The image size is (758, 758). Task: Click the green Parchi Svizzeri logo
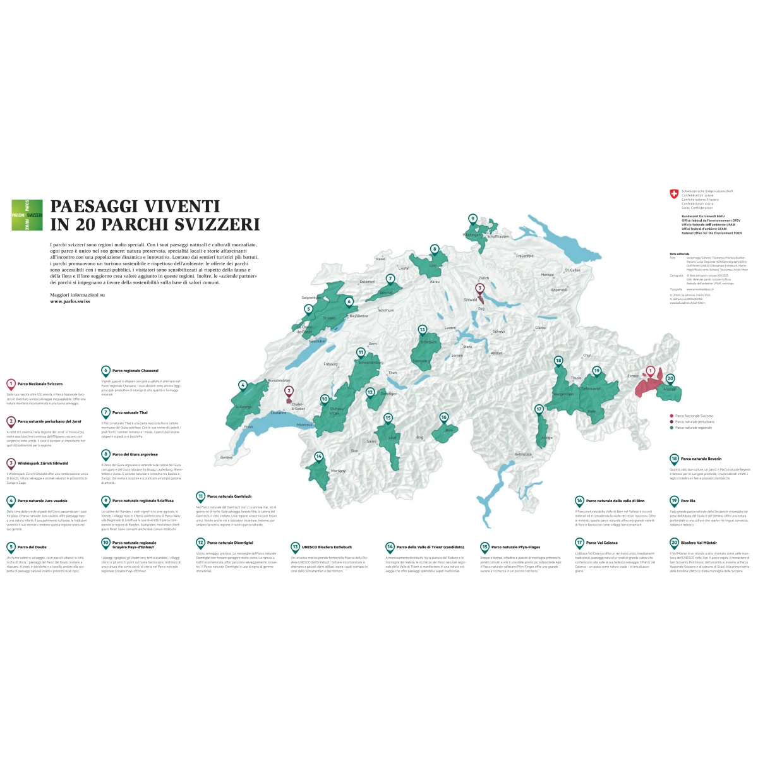27,215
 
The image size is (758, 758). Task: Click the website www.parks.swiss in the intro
70,302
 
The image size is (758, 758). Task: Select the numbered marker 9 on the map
472,219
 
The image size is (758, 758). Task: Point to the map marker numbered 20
670,379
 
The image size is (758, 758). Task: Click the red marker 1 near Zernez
650,371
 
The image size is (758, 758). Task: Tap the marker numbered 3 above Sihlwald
479,289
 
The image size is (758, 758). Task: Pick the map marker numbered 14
319,456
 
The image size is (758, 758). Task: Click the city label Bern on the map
373,344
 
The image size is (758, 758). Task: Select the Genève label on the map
226,457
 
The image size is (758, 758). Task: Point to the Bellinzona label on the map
523,454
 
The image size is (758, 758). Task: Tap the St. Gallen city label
572,270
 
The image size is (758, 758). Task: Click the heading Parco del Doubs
32,547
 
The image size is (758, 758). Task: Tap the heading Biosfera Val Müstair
698,543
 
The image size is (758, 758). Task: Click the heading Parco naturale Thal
129,412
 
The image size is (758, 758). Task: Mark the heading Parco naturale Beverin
701,459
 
